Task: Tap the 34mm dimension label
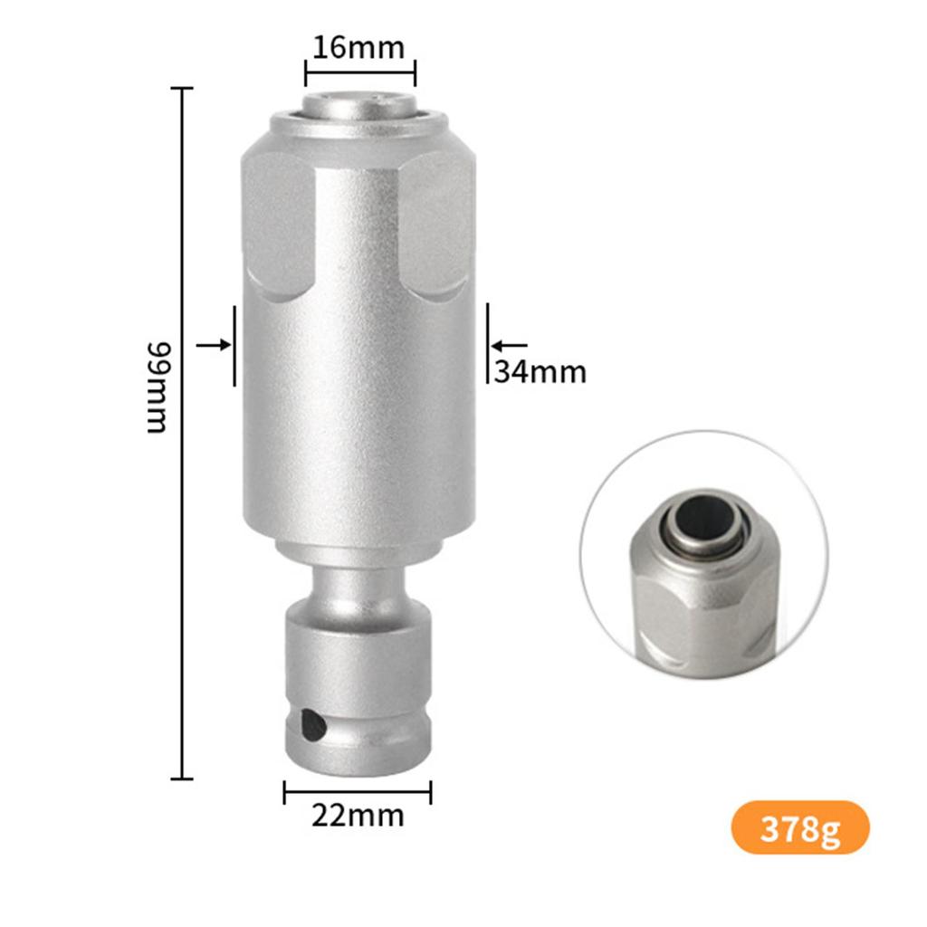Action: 540,371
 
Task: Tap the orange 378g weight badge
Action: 800,827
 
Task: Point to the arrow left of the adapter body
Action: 214,345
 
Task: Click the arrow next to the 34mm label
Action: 509,345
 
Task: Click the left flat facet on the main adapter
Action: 278,226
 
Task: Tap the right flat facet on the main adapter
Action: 436,226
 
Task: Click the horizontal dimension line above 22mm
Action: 358,792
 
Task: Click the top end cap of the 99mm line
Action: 183,89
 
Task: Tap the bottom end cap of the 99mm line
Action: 183,778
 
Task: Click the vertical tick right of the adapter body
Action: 488,343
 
